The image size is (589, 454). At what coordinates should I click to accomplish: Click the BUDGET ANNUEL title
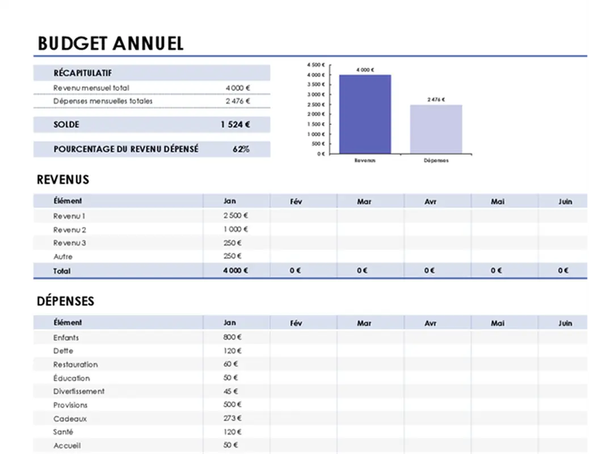coord(110,44)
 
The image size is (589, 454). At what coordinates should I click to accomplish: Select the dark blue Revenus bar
coord(365,113)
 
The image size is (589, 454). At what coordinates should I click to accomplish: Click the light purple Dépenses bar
coord(436,129)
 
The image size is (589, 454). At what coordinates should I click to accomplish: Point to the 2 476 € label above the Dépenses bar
coord(436,99)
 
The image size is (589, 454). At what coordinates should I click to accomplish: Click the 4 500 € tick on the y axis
coord(315,65)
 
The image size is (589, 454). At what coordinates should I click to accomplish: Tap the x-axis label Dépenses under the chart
coord(436,161)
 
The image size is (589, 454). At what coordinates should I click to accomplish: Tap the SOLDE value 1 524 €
coord(235,125)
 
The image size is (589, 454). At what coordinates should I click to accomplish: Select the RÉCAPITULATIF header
coord(82,73)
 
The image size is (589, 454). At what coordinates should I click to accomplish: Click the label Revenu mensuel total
coord(91,88)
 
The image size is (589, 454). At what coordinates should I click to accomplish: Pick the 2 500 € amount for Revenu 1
coord(235,216)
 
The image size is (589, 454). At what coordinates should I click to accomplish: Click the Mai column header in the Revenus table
coord(497,201)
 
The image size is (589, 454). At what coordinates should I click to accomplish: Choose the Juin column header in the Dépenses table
coord(565,323)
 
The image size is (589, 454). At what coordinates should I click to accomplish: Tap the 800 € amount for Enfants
coord(232,337)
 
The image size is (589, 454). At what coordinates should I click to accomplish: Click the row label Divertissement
coord(79,391)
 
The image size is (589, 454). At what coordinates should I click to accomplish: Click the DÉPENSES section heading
coord(65,301)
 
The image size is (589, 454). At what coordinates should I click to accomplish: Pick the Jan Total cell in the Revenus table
coord(235,271)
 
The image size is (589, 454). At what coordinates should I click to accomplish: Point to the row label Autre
coord(62,257)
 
